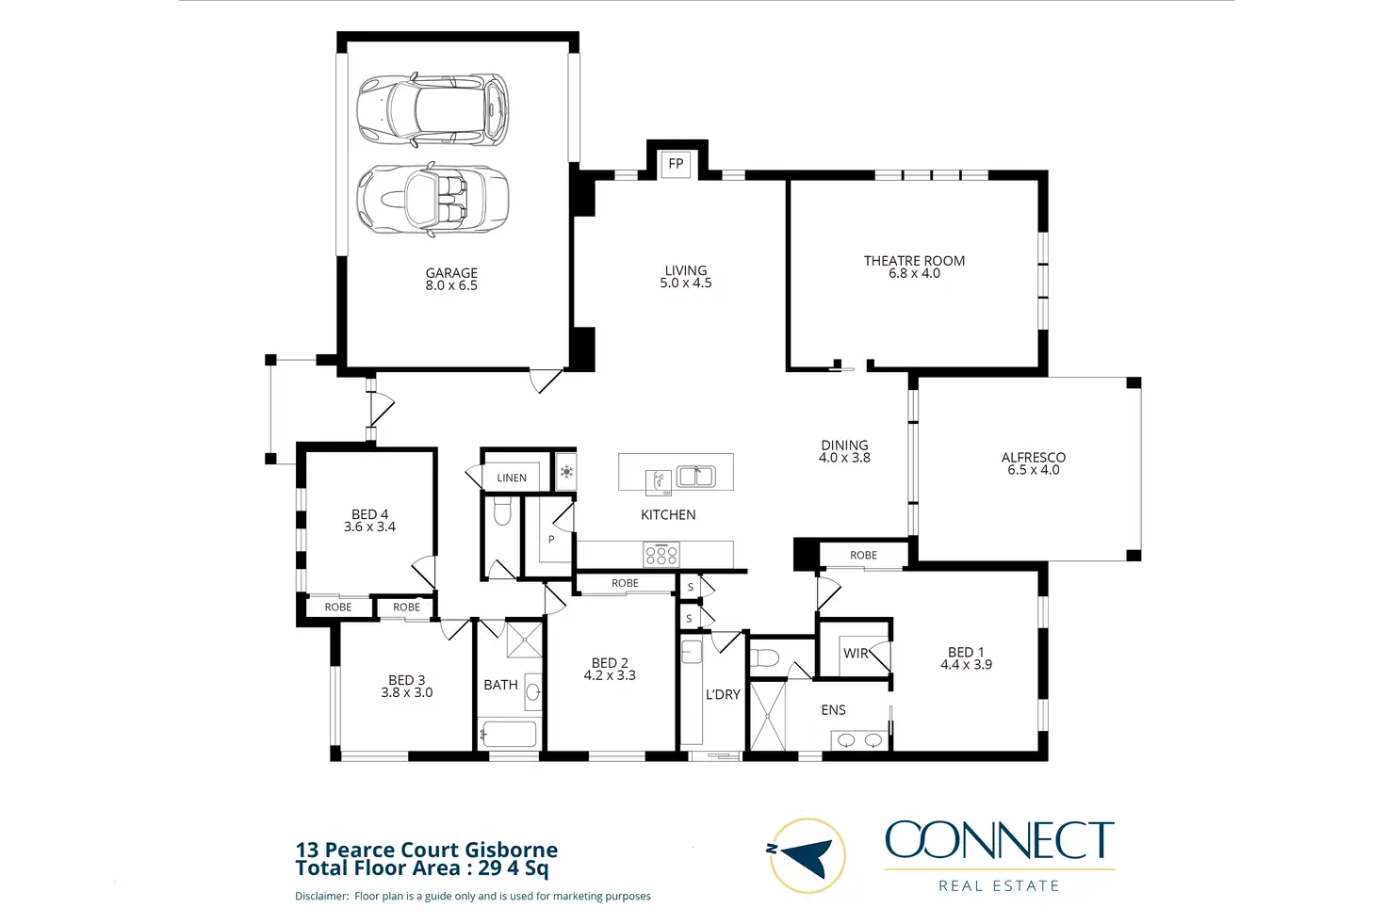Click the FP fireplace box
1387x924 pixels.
pos(676,164)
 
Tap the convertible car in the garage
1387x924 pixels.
pos(432,200)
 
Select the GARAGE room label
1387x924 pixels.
pos(451,273)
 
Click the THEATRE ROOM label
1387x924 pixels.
pos(914,261)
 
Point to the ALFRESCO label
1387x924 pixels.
pos(1034,458)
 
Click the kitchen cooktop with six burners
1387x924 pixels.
pos(661,555)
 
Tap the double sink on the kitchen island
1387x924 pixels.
pos(696,476)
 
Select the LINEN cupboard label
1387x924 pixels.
pos(512,478)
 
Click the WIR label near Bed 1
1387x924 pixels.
pos(856,653)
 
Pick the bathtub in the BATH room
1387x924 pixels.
pos(510,734)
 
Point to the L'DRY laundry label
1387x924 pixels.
pos(723,694)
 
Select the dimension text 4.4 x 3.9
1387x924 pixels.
pos(966,665)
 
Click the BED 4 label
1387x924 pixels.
pos(369,514)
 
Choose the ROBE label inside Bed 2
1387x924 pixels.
pos(625,583)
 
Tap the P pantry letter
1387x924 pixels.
pos(551,539)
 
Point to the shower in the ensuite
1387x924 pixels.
pos(767,716)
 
